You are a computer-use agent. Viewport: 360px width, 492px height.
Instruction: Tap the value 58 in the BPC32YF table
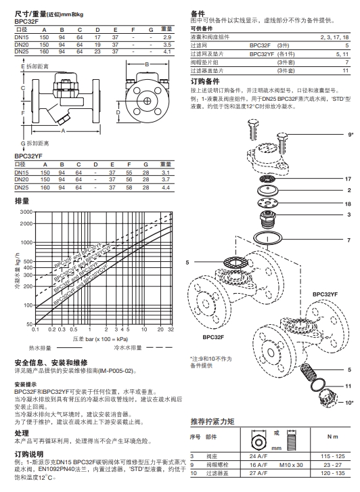131,187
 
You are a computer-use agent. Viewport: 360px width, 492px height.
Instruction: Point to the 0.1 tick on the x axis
36,329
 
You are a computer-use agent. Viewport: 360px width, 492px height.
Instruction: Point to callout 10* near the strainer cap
348,402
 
